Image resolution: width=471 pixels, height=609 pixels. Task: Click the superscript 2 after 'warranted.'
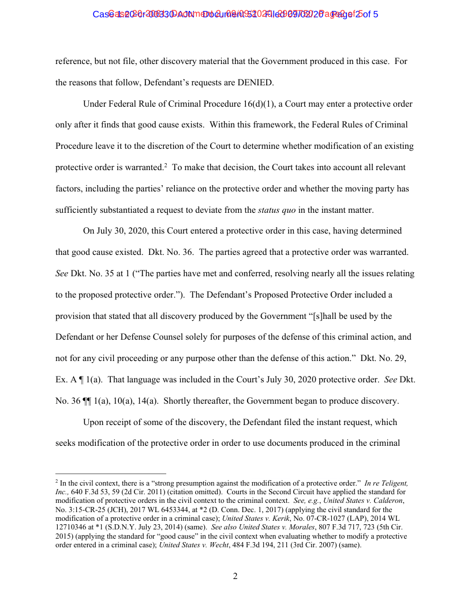[x=166, y=165]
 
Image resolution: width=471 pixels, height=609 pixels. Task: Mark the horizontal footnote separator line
[x=110, y=473]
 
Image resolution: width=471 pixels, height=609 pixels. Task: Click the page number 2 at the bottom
[x=235, y=576]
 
